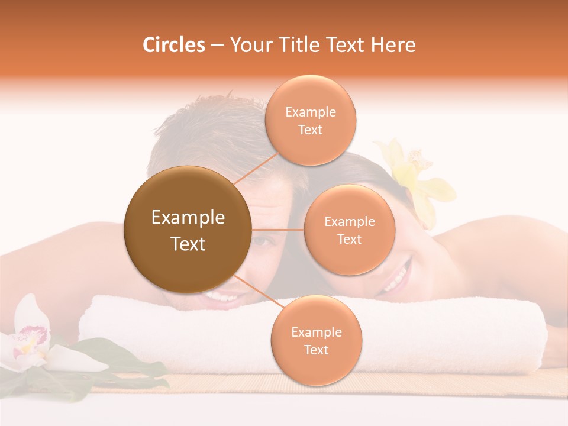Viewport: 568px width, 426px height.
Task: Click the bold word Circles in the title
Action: click(x=174, y=45)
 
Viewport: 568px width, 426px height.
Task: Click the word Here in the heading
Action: click(x=393, y=45)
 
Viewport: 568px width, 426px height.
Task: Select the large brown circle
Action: click(x=188, y=230)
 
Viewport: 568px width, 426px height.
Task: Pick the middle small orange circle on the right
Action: click(x=349, y=230)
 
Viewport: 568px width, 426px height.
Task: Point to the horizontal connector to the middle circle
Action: click(x=277, y=230)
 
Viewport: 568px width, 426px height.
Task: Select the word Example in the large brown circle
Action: click(x=188, y=218)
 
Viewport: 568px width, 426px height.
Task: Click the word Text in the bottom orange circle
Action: click(x=316, y=350)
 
